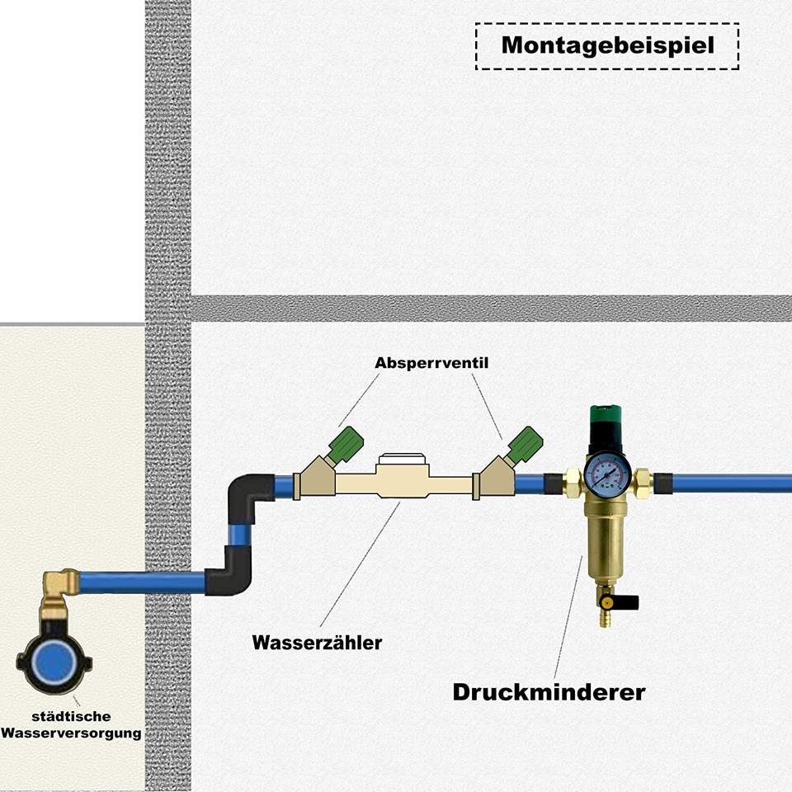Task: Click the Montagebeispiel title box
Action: click(606, 45)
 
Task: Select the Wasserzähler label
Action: click(317, 642)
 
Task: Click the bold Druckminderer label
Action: click(549, 691)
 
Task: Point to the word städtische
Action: click(71, 716)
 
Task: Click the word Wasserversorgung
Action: click(71, 733)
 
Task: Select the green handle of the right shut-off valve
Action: click(525, 443)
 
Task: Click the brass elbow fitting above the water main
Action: click(59, 587)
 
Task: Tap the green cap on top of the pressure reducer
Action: click(606, 413)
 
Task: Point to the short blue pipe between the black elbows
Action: click(239, 535)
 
